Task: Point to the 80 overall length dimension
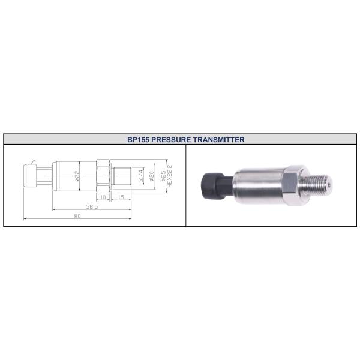click(x=77, y=216)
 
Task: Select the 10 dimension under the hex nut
click(x=103, y=196)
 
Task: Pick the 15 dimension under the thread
click(x=121, y=196)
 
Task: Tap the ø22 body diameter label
click(x=77, y=176)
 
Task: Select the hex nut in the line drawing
click(x=102, y=176)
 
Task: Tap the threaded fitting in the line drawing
click(x=123, y=176)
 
